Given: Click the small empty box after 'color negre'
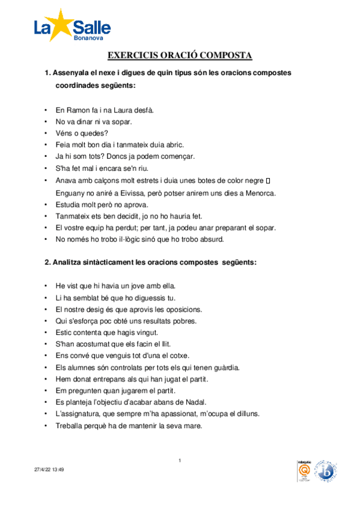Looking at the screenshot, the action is [x=268, y=180].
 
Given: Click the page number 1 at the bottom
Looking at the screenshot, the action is [x=180, y=461].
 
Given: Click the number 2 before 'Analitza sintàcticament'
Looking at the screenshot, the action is [x=47, y=262].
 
